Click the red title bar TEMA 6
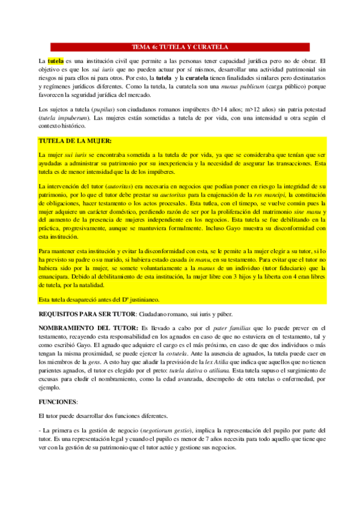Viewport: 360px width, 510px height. pos(180,46)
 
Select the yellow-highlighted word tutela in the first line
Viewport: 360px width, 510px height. pos(55,61)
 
